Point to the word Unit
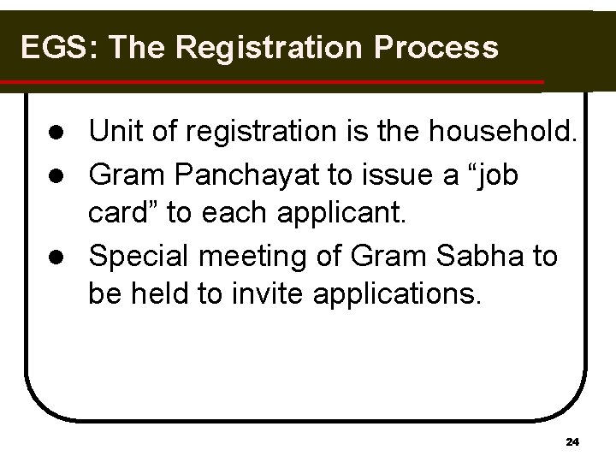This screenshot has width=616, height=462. [116, 133]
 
